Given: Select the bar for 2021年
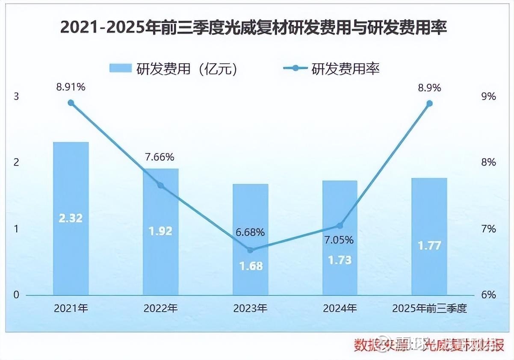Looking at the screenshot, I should click(x=71, y=218).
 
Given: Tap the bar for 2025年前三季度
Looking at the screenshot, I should click(x=429, y=236).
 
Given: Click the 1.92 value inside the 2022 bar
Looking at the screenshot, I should click(x=160, y=231).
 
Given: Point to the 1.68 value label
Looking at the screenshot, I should click(x=250, y=266).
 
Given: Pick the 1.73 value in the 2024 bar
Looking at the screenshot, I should click(x=340, y=260).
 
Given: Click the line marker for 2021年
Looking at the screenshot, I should click(x=71, y=103).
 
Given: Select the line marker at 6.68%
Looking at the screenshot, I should click(x=251, y=250).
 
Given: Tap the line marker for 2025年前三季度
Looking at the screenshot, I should click(x=429, y=103).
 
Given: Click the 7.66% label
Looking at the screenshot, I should click(x=160, y=157).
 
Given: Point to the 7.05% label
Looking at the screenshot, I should click(x=340, y=240).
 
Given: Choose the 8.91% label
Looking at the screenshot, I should click(x=71, y=87).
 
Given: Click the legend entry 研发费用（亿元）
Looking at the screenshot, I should click(x=173, y=68).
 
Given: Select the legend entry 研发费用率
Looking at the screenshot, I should click(x=331, y=68).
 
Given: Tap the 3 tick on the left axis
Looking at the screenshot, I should click(x=17, y=97).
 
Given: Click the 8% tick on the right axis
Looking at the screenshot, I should click(x=488, y=162).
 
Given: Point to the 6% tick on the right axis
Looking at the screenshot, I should click(x=488, y=295).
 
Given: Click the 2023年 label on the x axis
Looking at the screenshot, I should click(x=251, y=308).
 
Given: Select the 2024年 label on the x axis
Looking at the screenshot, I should click(x=340, y=308).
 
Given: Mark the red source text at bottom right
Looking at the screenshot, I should click(x=429, y=345).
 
